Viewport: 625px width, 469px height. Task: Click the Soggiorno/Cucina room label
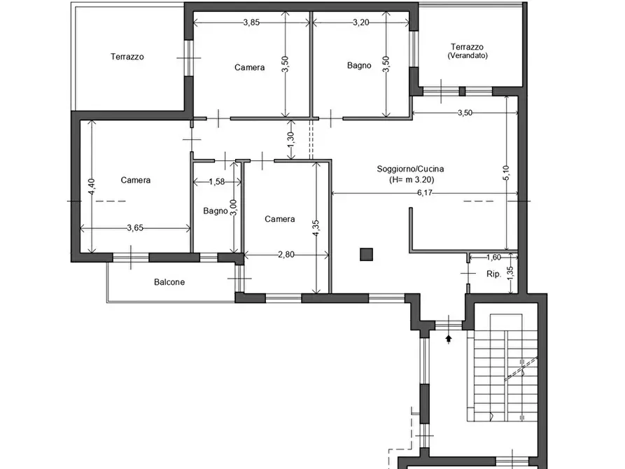point(410,169)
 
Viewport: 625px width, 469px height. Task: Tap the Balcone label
point(169,282)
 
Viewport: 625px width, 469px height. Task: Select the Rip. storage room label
point(493,274)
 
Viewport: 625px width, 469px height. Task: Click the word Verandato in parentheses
point(468,56)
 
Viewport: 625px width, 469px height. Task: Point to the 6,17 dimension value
point(425,193)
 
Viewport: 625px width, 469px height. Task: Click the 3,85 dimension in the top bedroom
point(251,22)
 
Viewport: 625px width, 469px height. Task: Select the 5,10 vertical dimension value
point(506,173)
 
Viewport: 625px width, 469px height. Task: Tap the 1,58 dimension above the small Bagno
point(217,182)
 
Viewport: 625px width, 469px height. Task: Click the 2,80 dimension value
point(286,254)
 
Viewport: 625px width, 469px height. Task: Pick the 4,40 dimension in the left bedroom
point(91,186)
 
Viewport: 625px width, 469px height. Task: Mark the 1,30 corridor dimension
point(290,139)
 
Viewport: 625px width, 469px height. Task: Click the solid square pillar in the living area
point(366,254)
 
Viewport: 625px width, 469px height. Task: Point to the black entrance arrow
point(449,339)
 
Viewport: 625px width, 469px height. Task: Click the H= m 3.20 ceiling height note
point(412,180)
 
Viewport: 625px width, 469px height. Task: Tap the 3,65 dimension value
point(135,228)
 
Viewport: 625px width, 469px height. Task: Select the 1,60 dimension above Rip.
point(494,257)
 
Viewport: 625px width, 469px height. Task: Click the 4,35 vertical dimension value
point(316,228)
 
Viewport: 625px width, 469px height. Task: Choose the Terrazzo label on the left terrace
point(127,57)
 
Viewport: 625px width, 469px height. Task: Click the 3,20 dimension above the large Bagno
point(361,22)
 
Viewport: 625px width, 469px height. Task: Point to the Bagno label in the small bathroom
point(216,211)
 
